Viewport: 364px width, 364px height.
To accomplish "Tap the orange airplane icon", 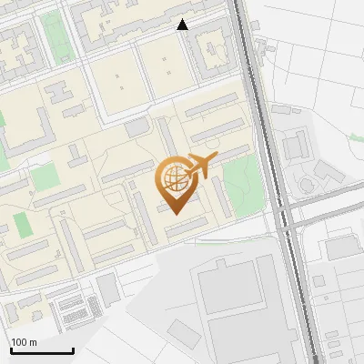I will pos(200,166).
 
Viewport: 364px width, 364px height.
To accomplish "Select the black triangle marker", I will pos(183,25).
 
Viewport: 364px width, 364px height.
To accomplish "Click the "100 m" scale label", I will pos(24,342).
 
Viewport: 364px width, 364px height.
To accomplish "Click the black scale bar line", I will pos(42,350).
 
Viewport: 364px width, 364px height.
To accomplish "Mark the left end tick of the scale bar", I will pos(10,349).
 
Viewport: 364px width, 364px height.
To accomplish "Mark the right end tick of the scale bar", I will pos(73,349).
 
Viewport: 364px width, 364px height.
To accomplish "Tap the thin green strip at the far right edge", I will pos(356,137).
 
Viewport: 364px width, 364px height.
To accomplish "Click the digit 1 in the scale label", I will pos(14,342).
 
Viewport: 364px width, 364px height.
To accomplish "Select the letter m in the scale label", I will pos(34,342).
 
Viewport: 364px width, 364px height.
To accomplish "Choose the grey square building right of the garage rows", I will pos(107,288).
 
